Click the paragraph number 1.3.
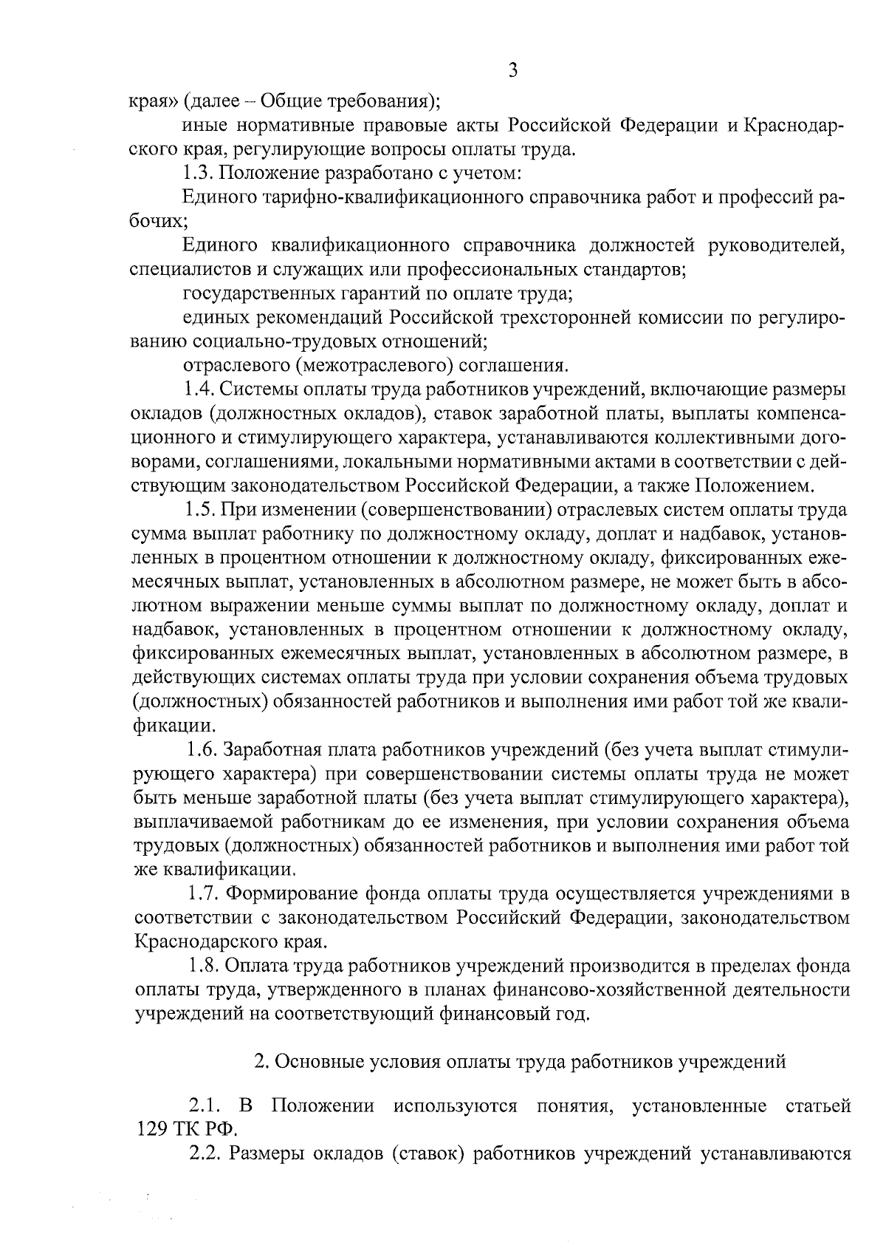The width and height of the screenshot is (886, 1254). point(196,174)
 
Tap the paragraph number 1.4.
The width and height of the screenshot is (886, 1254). point(199,389)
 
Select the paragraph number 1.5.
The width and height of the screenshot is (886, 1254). point(199,510)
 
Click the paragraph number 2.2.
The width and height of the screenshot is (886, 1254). point(202,1154)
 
